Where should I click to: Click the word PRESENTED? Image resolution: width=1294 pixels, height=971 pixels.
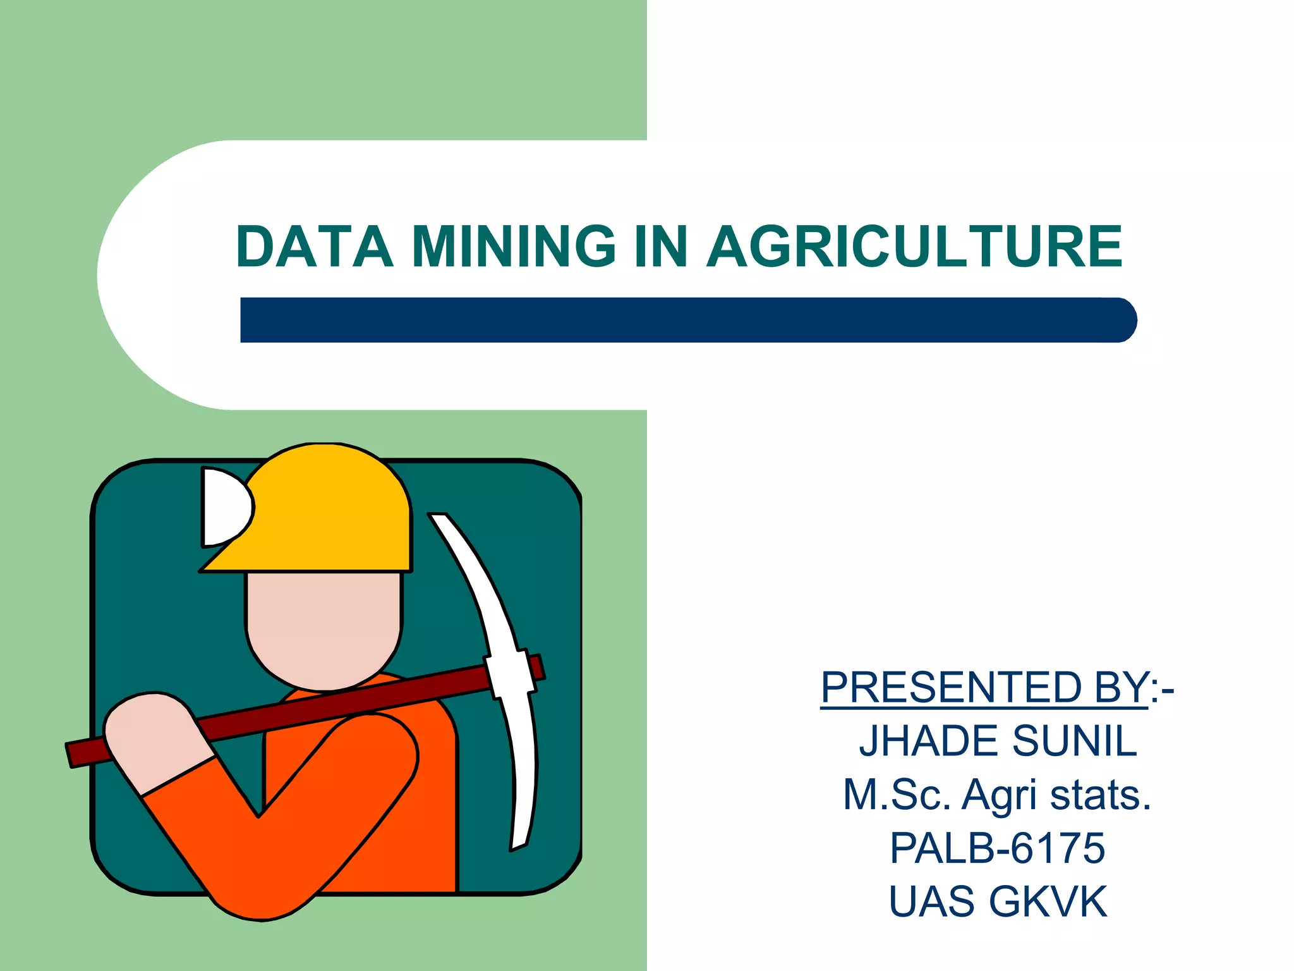click(x=950, y=688)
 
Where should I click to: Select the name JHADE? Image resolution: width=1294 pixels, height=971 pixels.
click(x=929, y=741)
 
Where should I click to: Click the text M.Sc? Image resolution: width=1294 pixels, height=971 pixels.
click(x=896, y=795)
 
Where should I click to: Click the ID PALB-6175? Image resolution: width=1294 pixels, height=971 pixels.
click(x=998, y=848)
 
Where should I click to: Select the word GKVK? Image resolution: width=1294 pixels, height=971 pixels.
click(x=1048, y=901)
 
